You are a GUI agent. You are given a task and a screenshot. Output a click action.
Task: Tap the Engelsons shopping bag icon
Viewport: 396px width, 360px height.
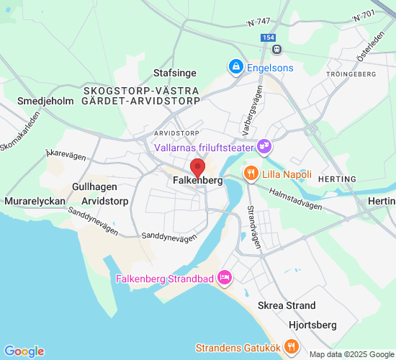tap(235, 67)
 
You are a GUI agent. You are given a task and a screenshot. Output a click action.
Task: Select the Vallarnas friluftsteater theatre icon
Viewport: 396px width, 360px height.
tap(264, 147)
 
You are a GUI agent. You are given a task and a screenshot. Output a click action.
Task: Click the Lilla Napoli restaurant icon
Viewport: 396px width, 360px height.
tap(251, 174)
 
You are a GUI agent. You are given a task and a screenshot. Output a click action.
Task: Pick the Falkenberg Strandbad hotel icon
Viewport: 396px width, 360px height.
tap(225, 278)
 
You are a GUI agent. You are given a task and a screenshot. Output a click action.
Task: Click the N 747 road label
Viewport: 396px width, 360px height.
tap(259, 22)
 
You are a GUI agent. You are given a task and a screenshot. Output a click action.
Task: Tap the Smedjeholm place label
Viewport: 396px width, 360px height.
tap(45, 102)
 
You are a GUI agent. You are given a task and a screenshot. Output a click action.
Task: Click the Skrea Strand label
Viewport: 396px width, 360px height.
tap(287, 305)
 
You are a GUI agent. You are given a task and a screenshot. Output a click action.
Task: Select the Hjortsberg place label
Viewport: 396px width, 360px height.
tap(312, 324)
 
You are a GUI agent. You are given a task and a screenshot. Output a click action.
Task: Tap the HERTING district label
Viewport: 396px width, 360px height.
tap(336, 179)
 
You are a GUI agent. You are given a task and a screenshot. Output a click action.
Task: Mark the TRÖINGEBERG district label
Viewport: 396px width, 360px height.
tap(352, 74)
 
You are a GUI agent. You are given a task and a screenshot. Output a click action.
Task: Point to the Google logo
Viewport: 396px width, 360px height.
tap(24, 351)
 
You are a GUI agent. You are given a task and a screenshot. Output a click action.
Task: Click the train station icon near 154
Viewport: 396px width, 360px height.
tap(276, 49)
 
